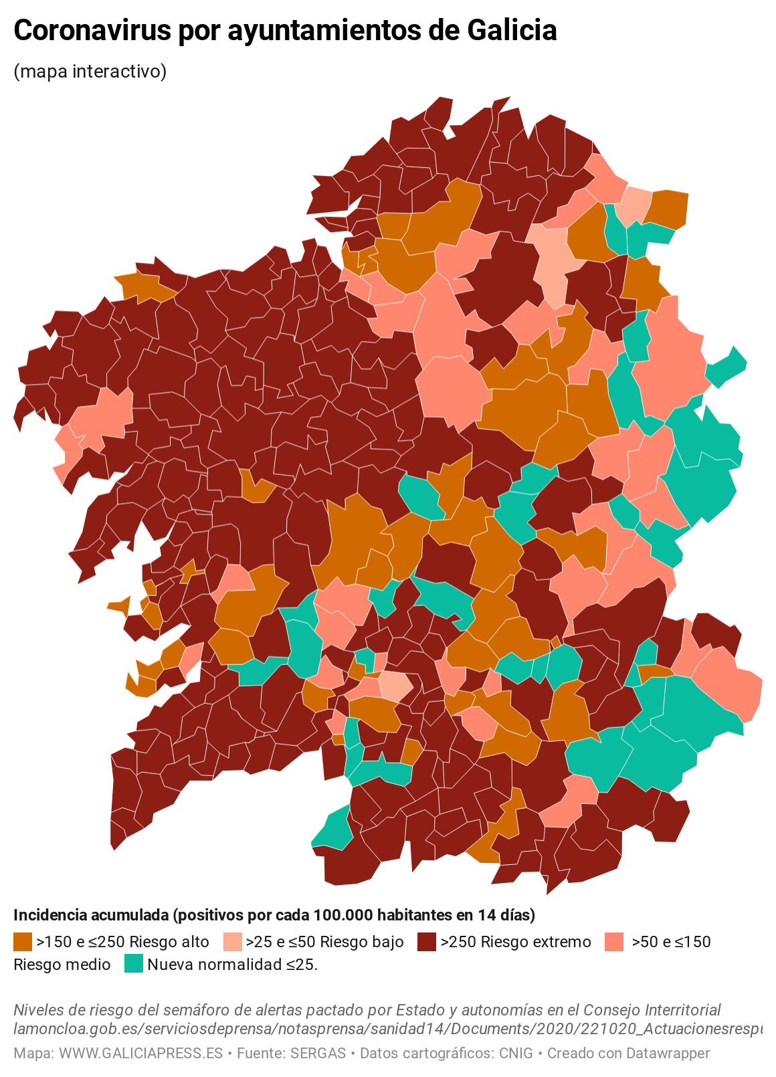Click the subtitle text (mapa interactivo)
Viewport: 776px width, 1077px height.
coord(90,71)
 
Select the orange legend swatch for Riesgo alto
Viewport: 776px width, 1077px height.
coord(23,942)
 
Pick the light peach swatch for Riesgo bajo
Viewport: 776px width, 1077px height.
coord(232,942)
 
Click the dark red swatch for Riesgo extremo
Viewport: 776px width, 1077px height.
coord(427,942)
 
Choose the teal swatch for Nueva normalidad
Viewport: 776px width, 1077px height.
coord(134,964)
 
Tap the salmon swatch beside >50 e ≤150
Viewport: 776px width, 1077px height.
coord(613,942)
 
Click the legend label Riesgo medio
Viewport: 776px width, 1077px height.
coord(62,965)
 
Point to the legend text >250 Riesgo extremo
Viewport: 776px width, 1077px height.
coord(516,942)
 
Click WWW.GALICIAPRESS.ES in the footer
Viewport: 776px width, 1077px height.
coord(140,1054)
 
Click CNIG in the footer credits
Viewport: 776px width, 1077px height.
coord(516,1054)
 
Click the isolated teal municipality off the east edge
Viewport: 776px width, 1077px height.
coord(728,366)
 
